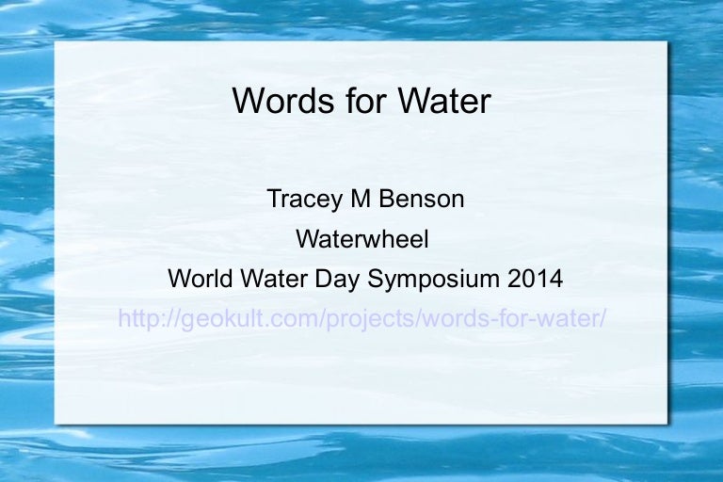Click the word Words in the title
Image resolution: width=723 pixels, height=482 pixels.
pos(277,100)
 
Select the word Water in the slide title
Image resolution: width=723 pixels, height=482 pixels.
pos(441,100)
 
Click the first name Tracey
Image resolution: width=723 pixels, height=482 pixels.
pos(297,199)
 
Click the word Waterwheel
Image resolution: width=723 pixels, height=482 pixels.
pos(361,239)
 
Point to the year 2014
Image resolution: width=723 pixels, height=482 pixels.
pos(535,279)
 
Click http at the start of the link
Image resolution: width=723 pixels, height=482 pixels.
pos(136,318)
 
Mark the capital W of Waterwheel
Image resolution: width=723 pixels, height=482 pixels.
pos(306,239)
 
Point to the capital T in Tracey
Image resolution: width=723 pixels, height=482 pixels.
pos(272,199)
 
